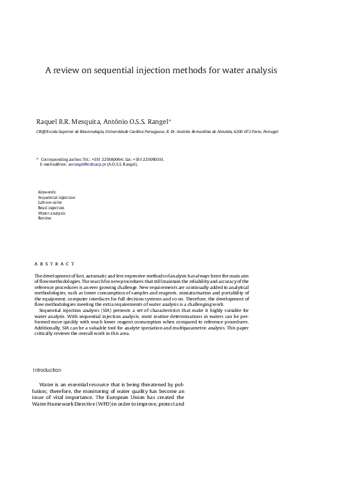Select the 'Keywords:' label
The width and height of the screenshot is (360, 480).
point(47,193)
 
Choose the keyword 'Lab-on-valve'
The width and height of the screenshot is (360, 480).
point(51,203)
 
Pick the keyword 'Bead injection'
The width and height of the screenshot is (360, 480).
point(51,207)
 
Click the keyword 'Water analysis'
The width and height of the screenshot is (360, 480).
point(51,213)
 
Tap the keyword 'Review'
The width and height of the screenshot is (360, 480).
point(45,218)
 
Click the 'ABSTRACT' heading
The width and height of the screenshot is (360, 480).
point(54,264)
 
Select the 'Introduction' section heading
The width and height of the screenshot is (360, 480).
point(47,370)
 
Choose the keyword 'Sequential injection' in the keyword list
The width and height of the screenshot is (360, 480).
point(56,198)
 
